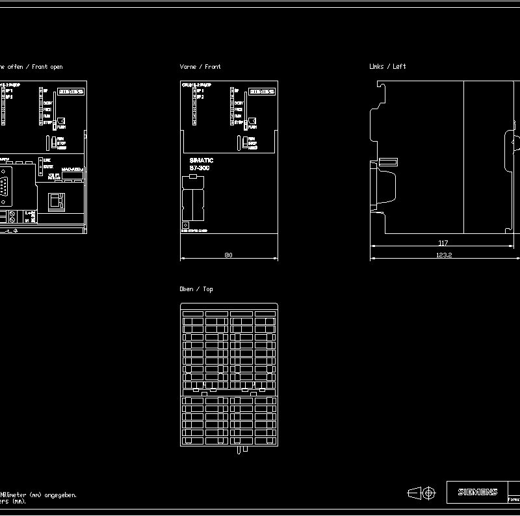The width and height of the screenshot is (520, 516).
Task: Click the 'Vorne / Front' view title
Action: click(x=200, y=67)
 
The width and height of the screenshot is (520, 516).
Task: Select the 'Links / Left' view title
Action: click(x=387, y=66)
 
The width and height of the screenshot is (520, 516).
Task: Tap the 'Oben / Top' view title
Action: click(x=196, y=289)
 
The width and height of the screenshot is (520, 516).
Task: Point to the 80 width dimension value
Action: click(x=228, y=255)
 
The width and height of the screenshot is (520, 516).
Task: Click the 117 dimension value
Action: click(x=443, y=243)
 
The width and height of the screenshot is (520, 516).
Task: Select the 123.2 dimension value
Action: click(x=444, y=255)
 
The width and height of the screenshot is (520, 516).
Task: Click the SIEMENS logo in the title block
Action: click(x=477, y=492)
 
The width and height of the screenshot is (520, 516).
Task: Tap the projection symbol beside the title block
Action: click(x=421, y=494)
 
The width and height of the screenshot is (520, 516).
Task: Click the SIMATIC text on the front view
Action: click(x=201, y=161)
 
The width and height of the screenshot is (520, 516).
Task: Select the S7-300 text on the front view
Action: click(x=200, y=168)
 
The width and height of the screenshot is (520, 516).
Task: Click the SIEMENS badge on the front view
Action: click(x=262, y=92)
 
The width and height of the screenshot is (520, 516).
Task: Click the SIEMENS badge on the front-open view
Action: click(x=71, y=92)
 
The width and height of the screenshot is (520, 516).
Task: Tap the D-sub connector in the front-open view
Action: click(x=5, y=184)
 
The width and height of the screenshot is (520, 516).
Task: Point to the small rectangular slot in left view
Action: click(x=388, y=161)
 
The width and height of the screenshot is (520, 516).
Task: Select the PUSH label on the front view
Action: click(x=252, y=127)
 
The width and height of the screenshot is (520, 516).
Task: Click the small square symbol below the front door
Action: click(x=185, y=225)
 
